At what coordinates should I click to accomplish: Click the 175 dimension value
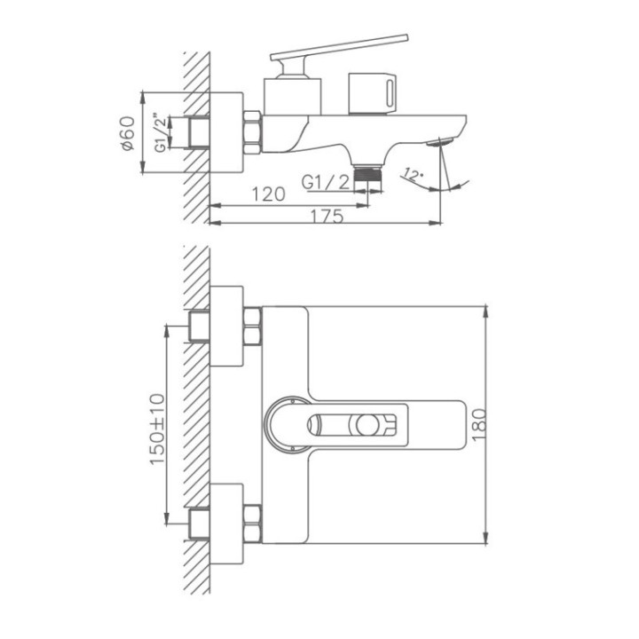[327, 216]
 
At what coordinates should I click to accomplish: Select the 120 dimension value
[268, 194]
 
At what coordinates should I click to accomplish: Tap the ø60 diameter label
[128, 133]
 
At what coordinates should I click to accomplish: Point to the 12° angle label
[412, 175]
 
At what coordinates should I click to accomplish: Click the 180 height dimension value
[479, 424]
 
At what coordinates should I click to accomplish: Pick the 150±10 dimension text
[158, 429]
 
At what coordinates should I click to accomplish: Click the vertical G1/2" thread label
[161, 133]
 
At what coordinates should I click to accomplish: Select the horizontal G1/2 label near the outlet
[326, 182]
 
